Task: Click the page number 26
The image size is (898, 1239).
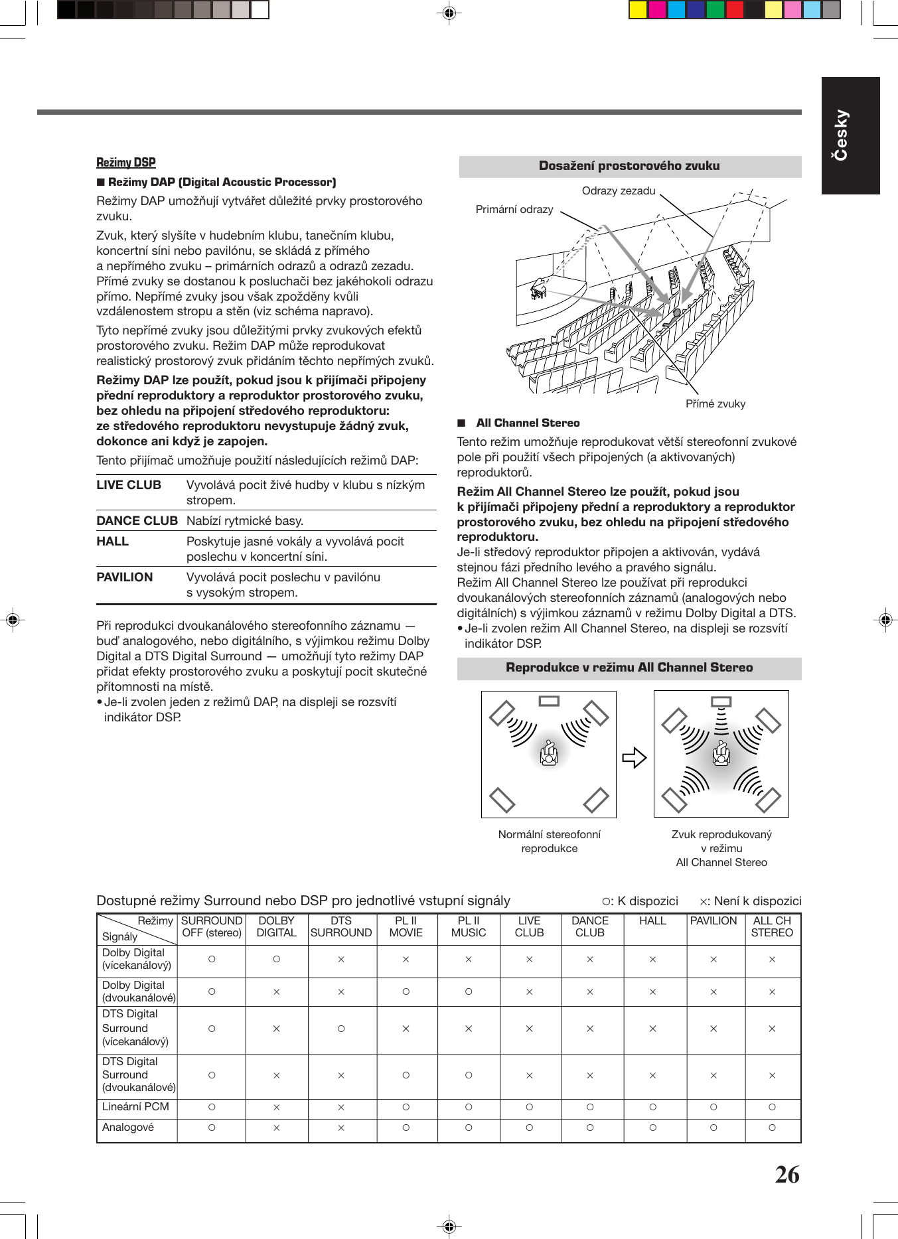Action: [x=787, y=1175]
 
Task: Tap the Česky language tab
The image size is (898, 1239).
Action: [x=850, y=135]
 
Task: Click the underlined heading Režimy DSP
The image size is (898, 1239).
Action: [x=126, y=163]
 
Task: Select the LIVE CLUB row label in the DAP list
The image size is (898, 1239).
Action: [x=129, y=485]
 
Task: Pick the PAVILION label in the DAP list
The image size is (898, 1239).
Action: [x=125, y=577]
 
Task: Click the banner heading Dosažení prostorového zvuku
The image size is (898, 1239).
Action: [x=629, y=166]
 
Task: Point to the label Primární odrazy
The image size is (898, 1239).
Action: [x=514, y=210]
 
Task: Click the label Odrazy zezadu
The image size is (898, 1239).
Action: [x=619, y=191]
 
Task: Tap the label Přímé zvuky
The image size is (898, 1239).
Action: [x=715, y=403]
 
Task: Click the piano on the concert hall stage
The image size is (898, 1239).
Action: [x=538, y=289]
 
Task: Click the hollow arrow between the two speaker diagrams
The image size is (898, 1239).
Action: [x=634, y=757]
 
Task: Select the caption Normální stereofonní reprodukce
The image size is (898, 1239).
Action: [x=550, y=841]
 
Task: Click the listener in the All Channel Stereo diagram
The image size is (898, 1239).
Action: [x=721, y=754]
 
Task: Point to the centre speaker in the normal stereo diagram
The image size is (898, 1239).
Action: [x=549, y=701]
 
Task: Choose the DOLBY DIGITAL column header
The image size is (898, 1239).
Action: [x=277, y=926]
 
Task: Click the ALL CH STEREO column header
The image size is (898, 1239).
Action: [x=772, y=926]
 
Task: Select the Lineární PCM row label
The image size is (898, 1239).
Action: [x=136, y=1107]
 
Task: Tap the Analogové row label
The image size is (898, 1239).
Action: [x=128, y=1128]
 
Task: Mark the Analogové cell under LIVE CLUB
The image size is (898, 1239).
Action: [x=529, y=1128]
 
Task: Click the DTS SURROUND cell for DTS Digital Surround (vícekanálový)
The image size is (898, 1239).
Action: [x=341, y=1029]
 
